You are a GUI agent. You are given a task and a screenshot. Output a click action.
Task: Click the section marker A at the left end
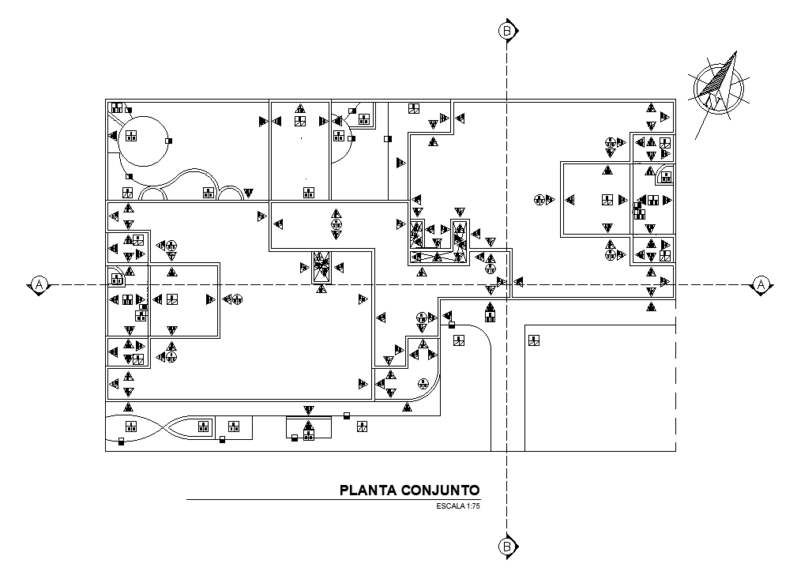pos(38,284)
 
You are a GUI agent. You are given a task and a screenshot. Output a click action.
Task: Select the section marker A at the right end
pos(760,284)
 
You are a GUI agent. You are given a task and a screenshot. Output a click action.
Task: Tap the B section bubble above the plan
pos(506,31)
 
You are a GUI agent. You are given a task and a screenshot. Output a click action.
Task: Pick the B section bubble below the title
pos(506,546)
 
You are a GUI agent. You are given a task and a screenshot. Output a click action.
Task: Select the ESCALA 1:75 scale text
pos(458,505)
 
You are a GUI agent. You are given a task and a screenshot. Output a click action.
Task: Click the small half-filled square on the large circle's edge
pos(169,140)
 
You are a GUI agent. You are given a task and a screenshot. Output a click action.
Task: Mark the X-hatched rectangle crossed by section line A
pos(321,266)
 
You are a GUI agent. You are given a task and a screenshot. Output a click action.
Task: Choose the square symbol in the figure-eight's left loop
pos(130,427)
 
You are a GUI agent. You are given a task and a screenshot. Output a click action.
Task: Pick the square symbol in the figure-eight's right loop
pos(203,427)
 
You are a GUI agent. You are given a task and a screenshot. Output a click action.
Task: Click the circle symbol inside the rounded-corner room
pos(424,384)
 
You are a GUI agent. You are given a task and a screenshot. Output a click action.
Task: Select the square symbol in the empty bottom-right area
pos(534,340)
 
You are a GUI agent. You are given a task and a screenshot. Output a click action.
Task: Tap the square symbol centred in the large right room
pos(607,200)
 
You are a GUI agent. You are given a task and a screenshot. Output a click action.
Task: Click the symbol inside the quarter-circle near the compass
pos(666,177)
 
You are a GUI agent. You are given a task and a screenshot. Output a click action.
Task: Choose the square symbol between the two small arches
pos(209,192)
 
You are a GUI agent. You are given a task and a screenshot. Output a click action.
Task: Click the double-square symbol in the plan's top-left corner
pos(118,108)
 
